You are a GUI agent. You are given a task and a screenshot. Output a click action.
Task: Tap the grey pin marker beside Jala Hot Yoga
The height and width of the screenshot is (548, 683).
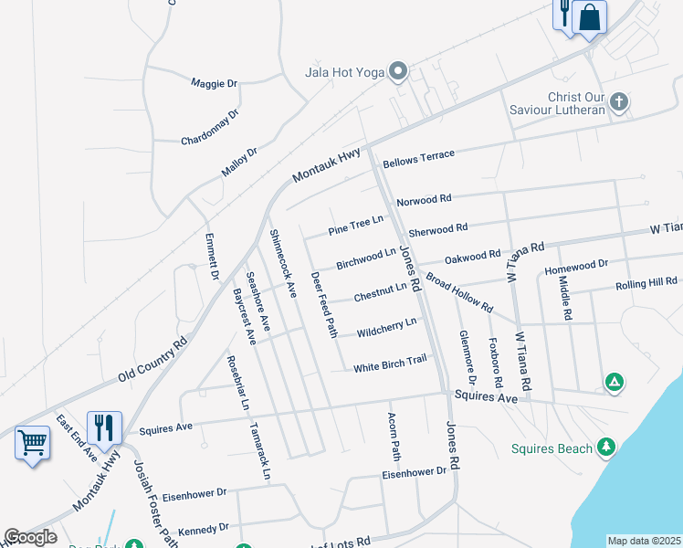click(397, 70)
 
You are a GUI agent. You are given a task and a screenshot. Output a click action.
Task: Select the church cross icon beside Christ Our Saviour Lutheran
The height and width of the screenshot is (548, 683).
click(619, 101)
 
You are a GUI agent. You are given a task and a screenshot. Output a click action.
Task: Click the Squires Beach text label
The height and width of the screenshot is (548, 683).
click(551, 448)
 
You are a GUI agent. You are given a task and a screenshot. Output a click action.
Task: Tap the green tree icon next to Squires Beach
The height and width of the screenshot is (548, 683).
click(604, 446)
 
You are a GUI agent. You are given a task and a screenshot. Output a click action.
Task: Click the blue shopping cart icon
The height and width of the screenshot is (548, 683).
click(32, 443)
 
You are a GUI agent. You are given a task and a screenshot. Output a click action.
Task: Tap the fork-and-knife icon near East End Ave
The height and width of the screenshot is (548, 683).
click(103, 427)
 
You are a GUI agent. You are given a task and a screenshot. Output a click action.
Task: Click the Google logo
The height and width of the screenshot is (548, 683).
click(30, 537)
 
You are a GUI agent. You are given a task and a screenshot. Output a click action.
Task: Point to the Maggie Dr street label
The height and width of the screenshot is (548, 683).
click(214, 83)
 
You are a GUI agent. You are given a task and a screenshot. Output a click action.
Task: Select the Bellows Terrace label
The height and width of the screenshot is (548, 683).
click(418, 159)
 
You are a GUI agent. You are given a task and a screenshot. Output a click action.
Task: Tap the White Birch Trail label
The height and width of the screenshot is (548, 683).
click(390, 364)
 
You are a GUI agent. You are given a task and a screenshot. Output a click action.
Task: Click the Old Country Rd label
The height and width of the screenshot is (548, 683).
click(152, 360)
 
